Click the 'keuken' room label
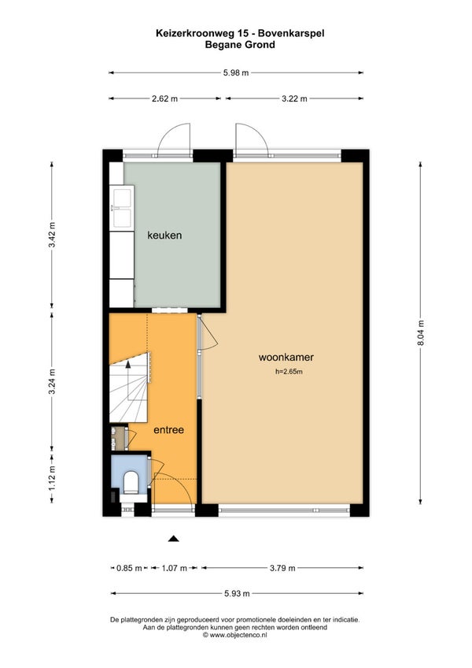coord(164,236)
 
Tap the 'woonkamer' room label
coord(286,357)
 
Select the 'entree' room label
coord(168,430)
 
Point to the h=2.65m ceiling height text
coord(289,372)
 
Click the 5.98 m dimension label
coord(236,72)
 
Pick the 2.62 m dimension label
coord(164,98)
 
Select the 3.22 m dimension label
coord(294,98)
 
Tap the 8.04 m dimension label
coord(421,332)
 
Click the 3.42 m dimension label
coord(52,235)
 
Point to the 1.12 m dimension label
coord(52,477)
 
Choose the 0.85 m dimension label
coord(129,568)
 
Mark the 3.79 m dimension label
coord(282,568)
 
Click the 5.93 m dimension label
coord(237,593)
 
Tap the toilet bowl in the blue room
coord(131,482)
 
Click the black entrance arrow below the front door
coord(173,539)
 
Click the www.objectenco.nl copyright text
coord(235,635)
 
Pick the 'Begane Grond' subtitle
coord(240,45)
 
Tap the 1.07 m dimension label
coord(175,568)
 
